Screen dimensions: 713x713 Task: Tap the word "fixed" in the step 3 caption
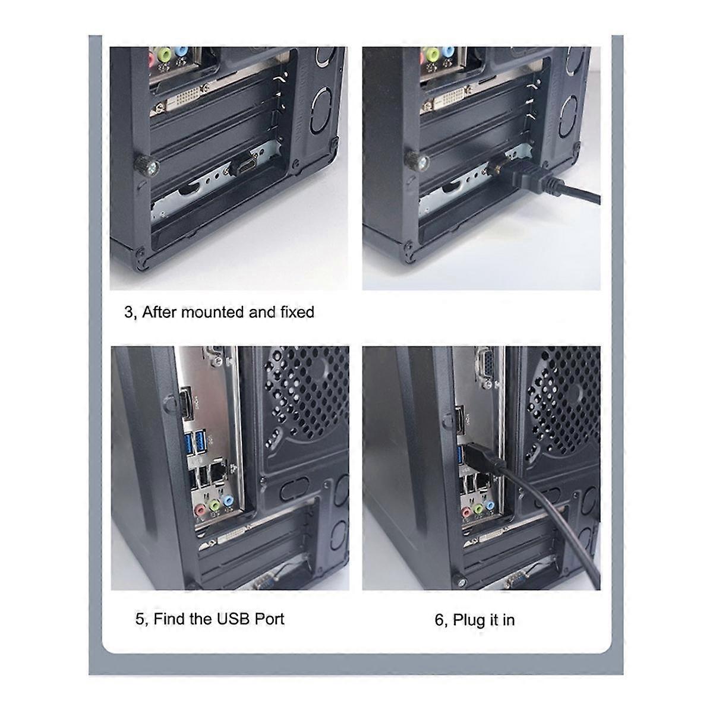[x=296, y=312]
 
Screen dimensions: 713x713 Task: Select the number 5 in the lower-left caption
[x=140, y=619]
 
